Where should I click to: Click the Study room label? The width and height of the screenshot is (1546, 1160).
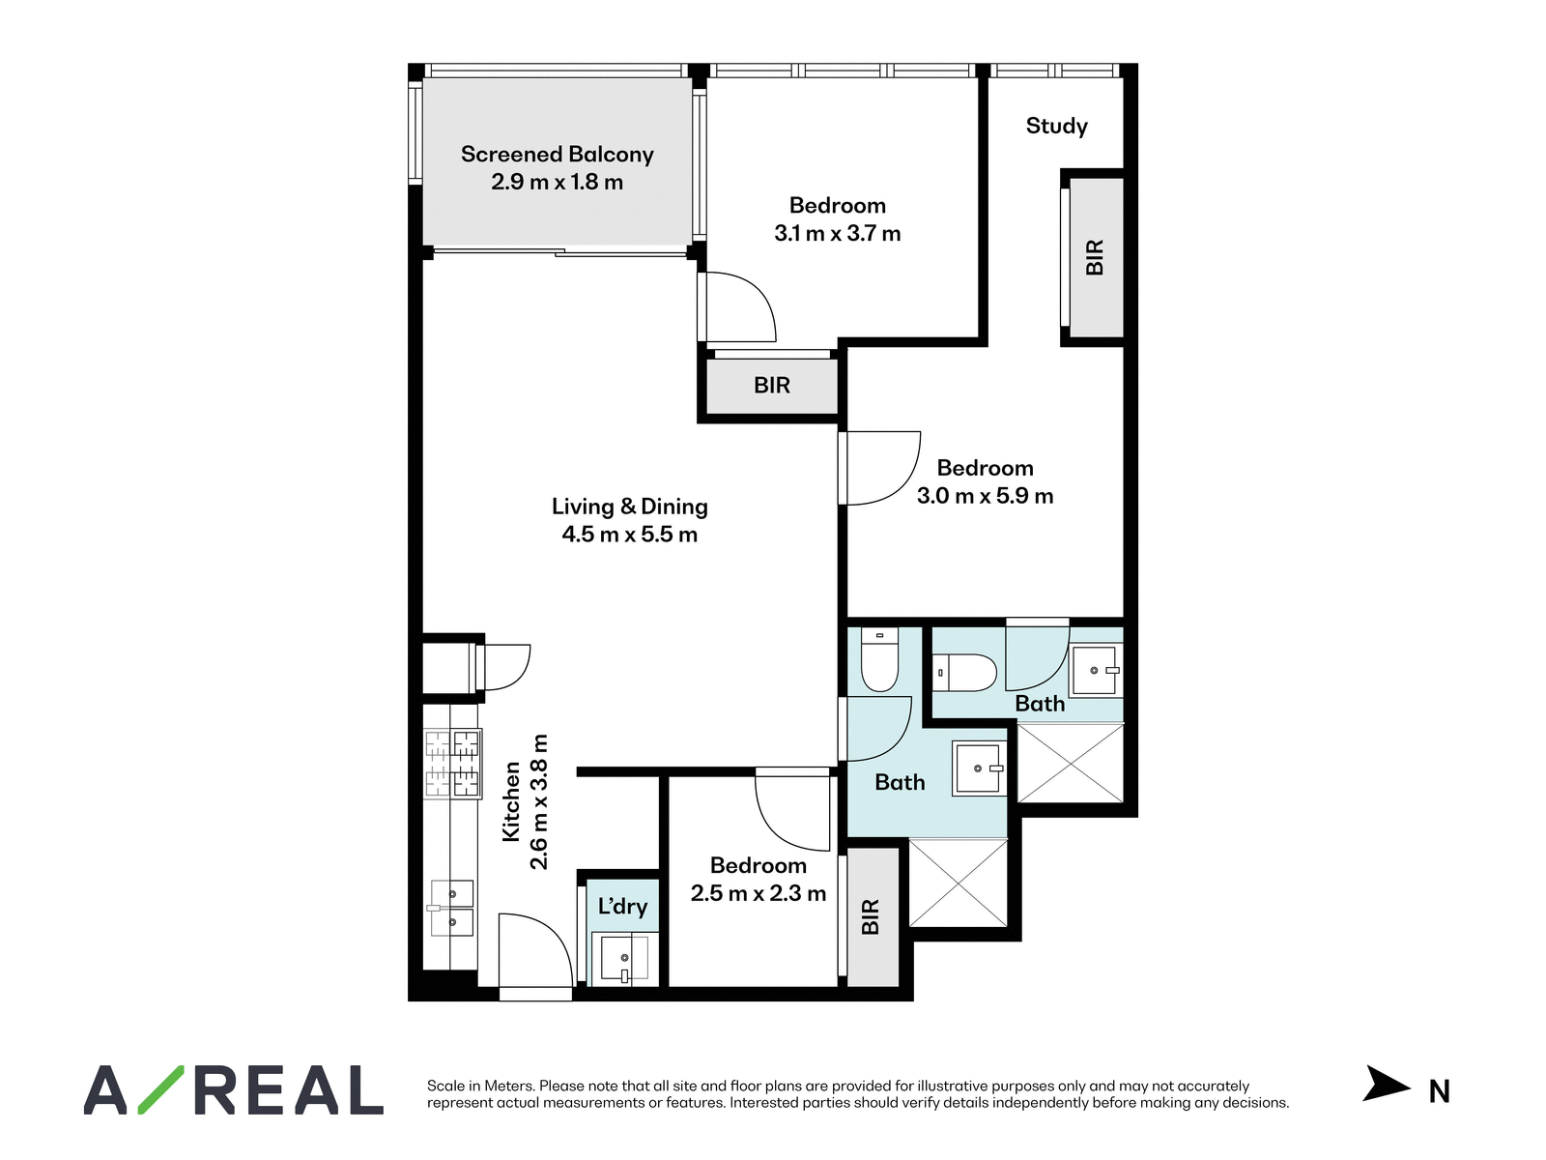[1056, 126]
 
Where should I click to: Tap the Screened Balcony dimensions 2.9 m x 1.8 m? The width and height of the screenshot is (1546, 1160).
[558, 182]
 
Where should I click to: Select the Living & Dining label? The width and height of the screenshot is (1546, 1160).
[630, 507]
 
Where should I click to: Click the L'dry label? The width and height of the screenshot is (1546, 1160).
[622, 906]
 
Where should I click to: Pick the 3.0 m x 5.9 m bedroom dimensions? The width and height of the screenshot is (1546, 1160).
[985, 496]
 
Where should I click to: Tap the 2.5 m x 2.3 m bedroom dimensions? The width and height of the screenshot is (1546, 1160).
[758, 893]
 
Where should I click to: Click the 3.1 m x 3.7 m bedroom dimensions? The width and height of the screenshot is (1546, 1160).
[838, 233]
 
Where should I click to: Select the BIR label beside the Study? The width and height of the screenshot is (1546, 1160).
[1095, 258]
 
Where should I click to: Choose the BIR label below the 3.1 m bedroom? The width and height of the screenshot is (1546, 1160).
[772, 386]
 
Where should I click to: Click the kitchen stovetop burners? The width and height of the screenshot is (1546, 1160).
[453, 764]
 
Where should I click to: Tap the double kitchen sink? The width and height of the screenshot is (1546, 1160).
[451, 908]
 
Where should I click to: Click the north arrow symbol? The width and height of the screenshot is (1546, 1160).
[1385, 1084]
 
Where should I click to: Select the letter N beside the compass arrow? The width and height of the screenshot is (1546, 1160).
[1440, 1091]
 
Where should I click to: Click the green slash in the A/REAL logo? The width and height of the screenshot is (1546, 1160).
[160, 1089]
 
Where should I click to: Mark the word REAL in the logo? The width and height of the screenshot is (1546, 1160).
[289, 1089]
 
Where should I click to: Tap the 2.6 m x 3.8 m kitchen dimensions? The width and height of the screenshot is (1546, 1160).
[538, 801]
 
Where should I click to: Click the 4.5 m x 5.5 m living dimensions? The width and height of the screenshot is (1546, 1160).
[630, 535]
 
